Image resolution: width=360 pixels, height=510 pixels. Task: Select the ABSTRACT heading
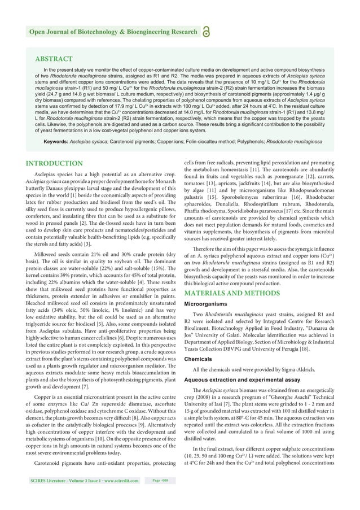[54, 59]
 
